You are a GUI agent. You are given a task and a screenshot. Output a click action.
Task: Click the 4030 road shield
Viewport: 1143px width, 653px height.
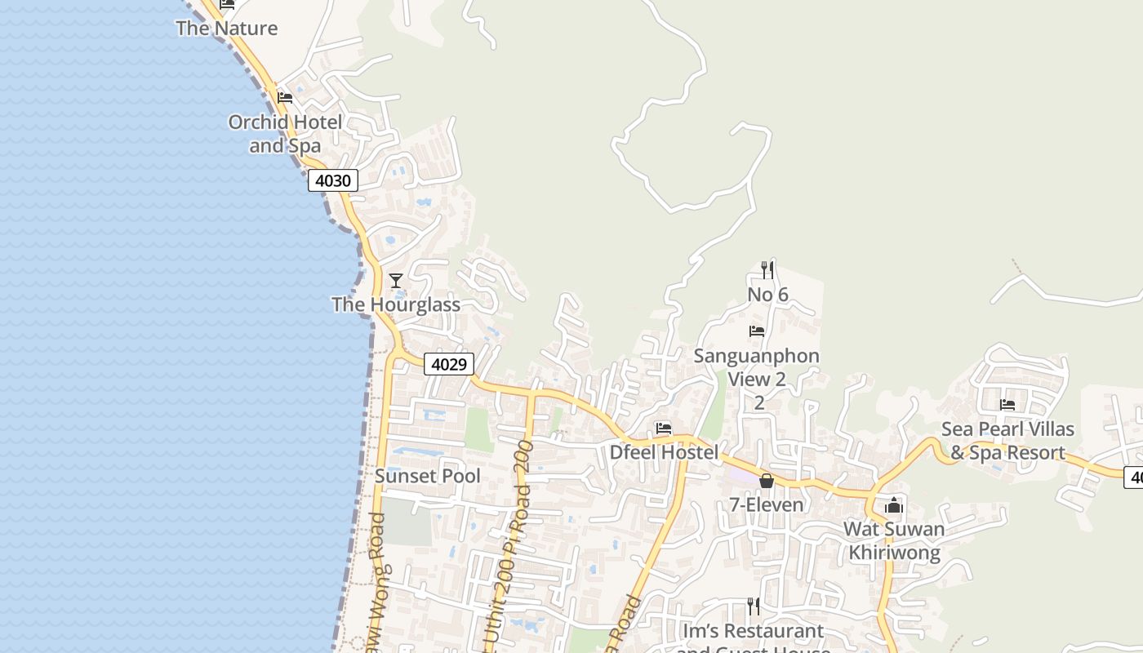333,180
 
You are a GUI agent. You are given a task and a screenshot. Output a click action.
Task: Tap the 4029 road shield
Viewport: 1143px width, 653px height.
449,364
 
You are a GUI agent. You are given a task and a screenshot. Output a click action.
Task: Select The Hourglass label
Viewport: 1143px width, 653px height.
396,304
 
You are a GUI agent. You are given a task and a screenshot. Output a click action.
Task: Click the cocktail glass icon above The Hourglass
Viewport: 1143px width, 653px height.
396,281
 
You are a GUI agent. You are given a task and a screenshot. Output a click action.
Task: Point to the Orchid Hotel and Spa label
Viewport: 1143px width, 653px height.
285,134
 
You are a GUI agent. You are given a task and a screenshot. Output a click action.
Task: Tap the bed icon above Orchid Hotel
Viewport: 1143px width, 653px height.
284,98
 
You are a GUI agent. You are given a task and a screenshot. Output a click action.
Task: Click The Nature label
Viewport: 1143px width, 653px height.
227,28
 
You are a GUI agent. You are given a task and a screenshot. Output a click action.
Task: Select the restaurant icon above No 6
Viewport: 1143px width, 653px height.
767,269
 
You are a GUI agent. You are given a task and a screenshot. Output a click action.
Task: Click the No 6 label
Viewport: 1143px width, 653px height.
767,294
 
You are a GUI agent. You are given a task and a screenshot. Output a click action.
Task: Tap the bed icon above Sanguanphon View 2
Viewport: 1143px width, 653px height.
757,331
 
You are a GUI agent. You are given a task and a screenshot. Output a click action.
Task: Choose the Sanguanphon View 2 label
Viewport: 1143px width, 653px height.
757,367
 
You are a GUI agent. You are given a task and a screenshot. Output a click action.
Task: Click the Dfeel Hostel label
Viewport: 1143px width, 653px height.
664,452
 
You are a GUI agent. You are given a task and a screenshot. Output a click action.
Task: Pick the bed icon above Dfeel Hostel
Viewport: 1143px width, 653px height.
664,428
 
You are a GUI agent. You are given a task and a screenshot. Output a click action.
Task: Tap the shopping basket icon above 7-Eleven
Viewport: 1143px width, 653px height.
766,481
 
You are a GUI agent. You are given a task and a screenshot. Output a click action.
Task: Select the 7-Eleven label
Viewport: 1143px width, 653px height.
766,504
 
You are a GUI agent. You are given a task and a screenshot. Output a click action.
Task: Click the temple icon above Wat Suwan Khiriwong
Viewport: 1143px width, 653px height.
894,505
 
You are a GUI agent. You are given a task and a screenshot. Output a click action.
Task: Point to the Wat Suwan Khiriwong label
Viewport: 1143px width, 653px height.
894,540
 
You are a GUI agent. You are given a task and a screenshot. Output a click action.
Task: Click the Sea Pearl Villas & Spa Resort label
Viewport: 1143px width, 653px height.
1007,441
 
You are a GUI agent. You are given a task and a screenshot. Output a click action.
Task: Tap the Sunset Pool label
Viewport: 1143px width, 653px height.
428,476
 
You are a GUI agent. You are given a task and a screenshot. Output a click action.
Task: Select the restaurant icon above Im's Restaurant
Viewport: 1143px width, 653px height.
754,606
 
